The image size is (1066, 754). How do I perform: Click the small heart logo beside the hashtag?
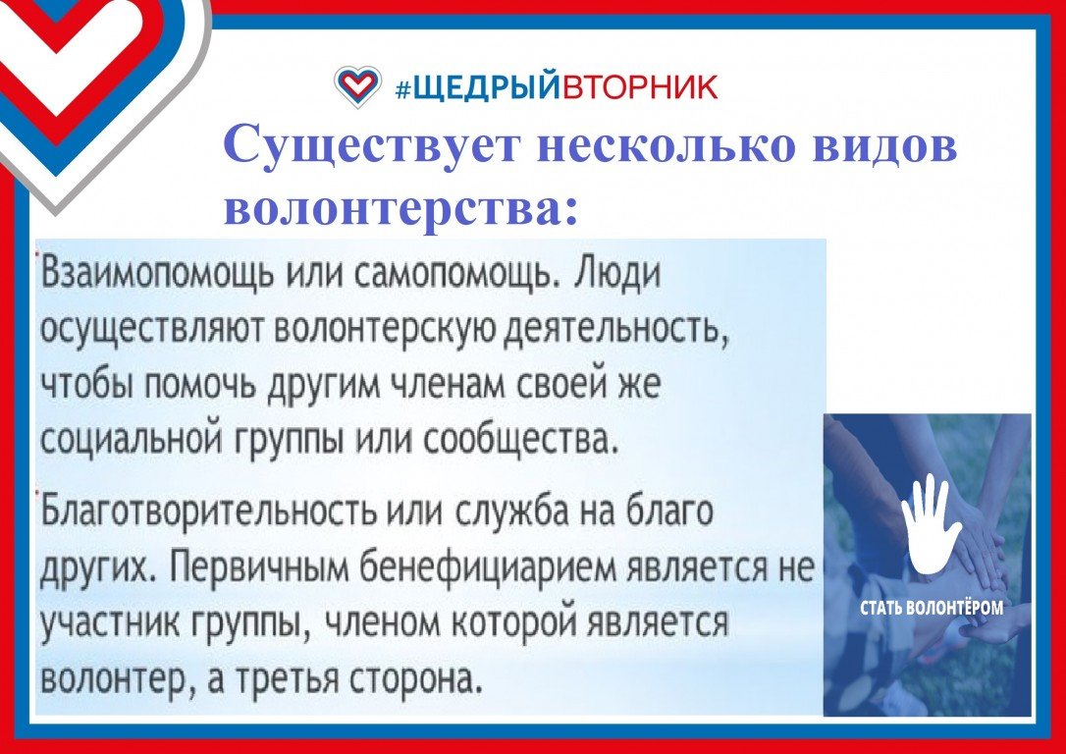click(357, 86)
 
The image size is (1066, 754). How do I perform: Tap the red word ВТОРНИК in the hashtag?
click(638, 87)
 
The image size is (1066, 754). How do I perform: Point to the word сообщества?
click(521, 442)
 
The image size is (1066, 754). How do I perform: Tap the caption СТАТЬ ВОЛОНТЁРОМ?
click(931, 607)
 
